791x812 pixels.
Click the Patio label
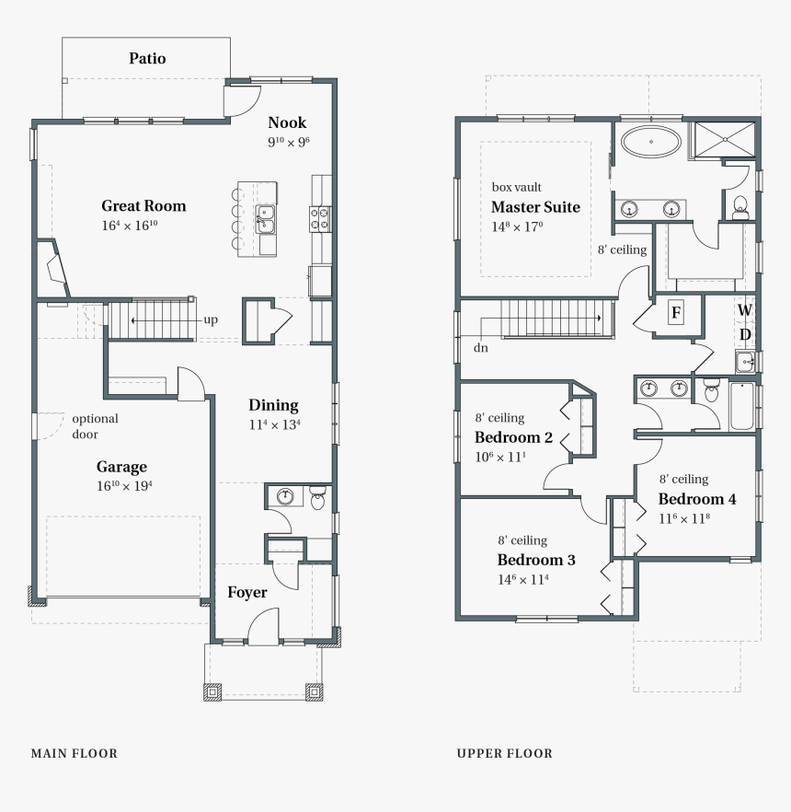point(147,59)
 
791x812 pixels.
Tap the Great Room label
point(143,206)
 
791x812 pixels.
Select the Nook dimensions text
point(288,142)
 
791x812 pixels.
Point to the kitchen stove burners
point(321,218)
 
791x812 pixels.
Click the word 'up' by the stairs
point(211,320)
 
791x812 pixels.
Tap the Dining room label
point(273,405)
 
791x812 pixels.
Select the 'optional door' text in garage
point(96,426)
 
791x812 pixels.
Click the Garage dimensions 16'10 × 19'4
point(124,485)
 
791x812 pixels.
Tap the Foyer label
point(247,592)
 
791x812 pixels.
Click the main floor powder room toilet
point(318,500)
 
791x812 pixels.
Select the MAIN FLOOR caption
point(75,753)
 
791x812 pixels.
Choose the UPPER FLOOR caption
point(505,753)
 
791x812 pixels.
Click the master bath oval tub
point(651,144)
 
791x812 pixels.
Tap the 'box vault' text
point(516,187)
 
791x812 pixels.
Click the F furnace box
point(676,313)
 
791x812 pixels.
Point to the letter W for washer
point(744,310)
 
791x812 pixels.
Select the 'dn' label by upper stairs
point(481,349)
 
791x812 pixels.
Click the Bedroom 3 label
point(536,560)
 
